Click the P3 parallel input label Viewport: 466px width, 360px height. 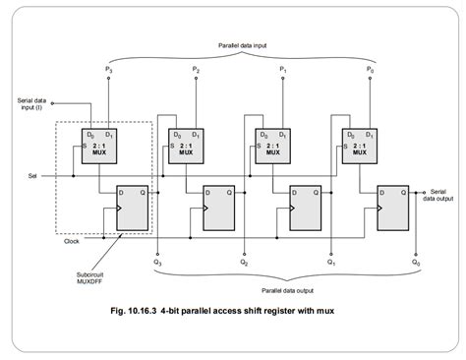tap(109, 70)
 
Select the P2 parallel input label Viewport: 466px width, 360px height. tap(197, 70)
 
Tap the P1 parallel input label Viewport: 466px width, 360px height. tap(283, 70)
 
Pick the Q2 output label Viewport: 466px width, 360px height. tap(244, 264)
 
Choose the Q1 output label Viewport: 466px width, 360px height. tap(330, 264)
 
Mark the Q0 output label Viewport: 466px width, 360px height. tap(417, 264)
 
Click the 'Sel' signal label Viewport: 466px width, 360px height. tap(33, 178)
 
